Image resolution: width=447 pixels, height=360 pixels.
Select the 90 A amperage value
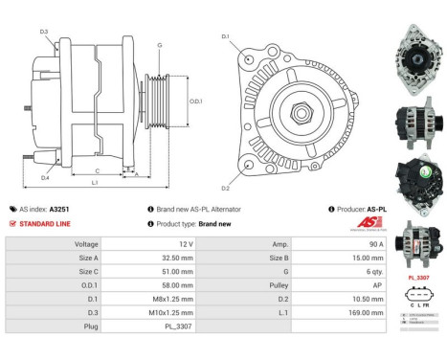coord(353,244)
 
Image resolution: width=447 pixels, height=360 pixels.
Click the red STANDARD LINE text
coord(49,223)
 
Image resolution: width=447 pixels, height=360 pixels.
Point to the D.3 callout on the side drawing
coord(44,33)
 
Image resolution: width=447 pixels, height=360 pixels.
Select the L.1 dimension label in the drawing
coord(95,182)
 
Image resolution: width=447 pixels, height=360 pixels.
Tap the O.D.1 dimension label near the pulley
coord(195,101)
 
